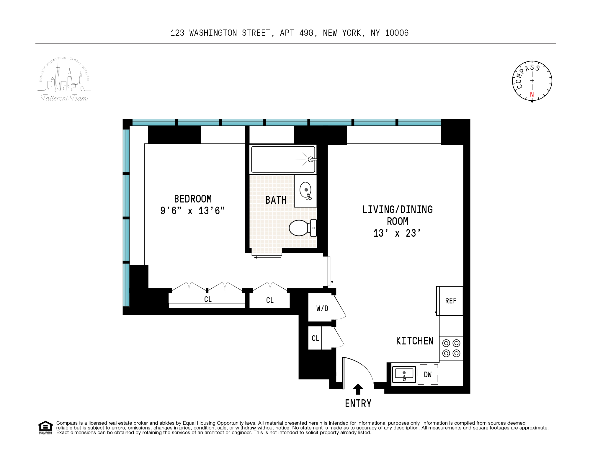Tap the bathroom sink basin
[x=305, y=190]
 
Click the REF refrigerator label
[x=451, y=301]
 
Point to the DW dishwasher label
[x=428, y=375]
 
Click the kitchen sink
[x=404, y=374]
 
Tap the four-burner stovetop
[x=451, y=348]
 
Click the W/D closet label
[x=322, y=308]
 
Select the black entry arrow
[x=358, y=389]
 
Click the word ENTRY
[x=358, y=403]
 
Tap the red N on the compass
[x=532, y=94]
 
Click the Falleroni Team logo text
[x=64, y=98]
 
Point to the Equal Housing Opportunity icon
[x=45, y=427]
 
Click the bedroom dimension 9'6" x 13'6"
[x=192, y=211]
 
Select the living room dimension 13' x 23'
[x=397, y=233]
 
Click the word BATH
[x=276, y=200]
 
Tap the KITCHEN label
[x=415, y=341]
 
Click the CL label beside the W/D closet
[x=315, y=338]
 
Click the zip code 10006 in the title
[x=397, y=33]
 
